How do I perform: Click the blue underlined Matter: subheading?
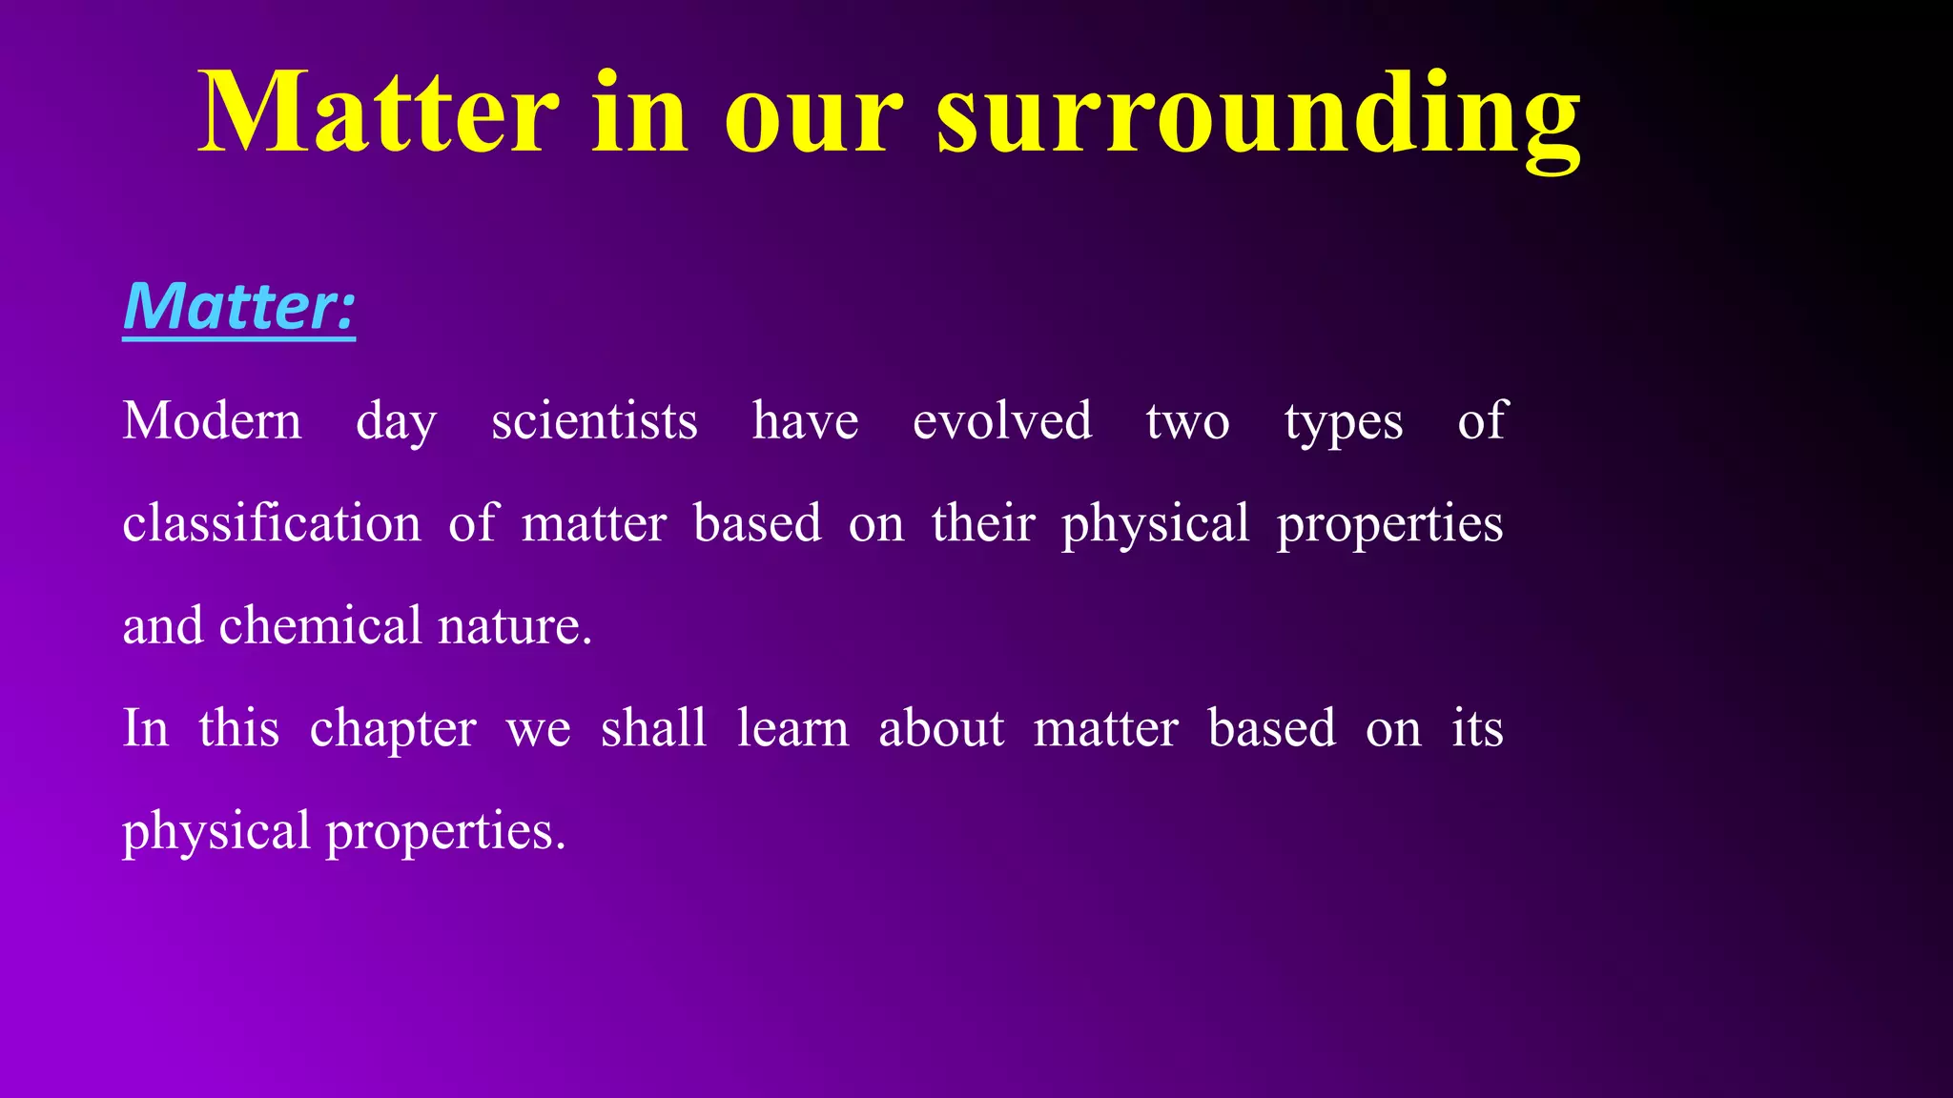pos(239,307)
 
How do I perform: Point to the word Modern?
pos(212,421)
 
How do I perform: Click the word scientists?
pos(594,421)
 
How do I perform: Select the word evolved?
pos(1001,421)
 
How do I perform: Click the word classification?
pos(272,523)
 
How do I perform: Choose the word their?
pos(982,523)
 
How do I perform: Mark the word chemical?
pos(320,625)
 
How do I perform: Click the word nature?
pos(514,627)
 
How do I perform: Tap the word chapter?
pos(392,730)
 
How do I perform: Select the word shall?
pos(653,728)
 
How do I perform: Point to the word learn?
pos(791,728)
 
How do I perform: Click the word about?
pos(940,728)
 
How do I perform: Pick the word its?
pos(1477,728)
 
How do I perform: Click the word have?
pos(805,421)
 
